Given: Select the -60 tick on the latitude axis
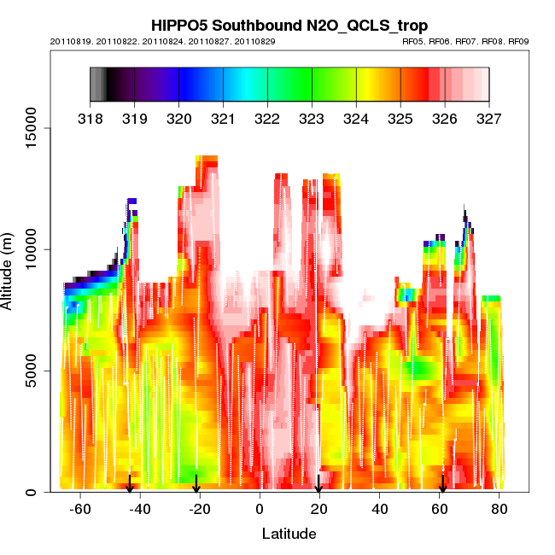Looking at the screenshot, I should tap(80, 510).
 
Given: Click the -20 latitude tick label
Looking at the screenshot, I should tap(200, 510).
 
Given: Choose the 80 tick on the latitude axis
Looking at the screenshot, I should tap(499, 510).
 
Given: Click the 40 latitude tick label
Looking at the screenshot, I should tap(380, 510).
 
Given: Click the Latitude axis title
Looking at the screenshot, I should tap(289, 535).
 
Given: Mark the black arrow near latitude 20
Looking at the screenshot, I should tap(318, 484).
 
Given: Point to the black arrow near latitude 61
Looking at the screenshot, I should tap(442, 484).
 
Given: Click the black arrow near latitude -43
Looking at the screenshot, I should tap(130, 484).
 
